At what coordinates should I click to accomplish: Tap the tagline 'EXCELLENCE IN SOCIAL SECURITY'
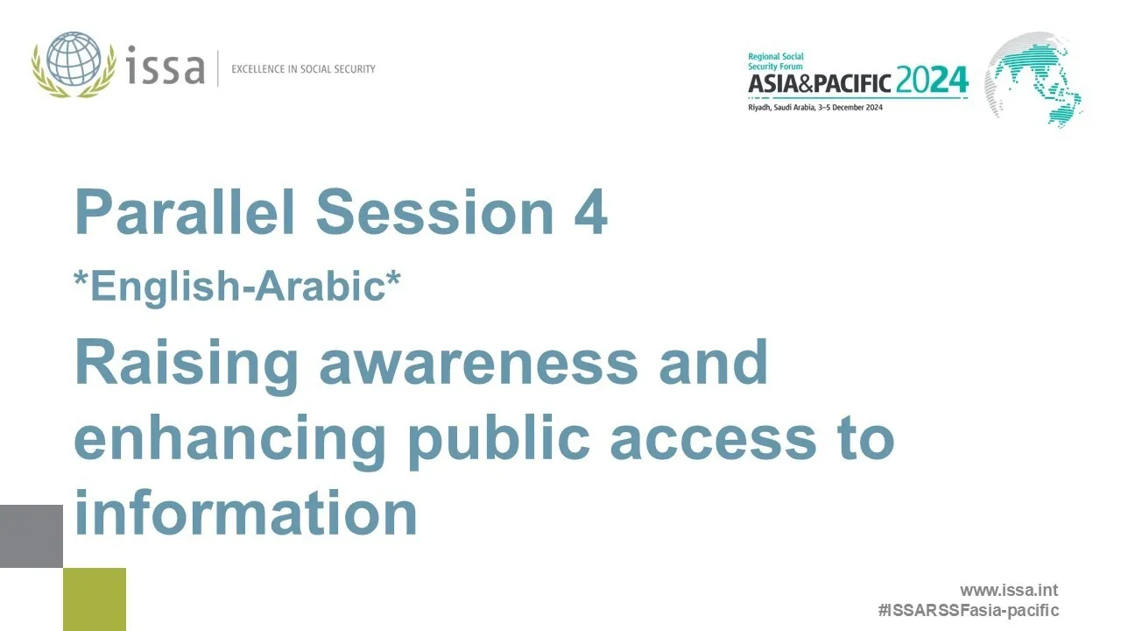(303, 68)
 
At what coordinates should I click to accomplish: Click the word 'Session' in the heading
(434, 213)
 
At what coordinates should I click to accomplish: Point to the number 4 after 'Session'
(590, 213)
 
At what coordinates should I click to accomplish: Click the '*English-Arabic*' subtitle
(237, 287)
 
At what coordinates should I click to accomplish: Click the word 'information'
(245, 513)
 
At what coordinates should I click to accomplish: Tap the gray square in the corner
(32, 536)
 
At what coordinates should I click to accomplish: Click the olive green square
(95, 599)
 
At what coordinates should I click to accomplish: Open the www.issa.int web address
(1008, 591)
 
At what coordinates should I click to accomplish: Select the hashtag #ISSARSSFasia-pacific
(969, 610)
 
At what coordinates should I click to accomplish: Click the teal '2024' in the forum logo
(932, 82)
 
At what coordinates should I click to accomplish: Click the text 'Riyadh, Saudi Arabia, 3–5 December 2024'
(814, 108)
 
